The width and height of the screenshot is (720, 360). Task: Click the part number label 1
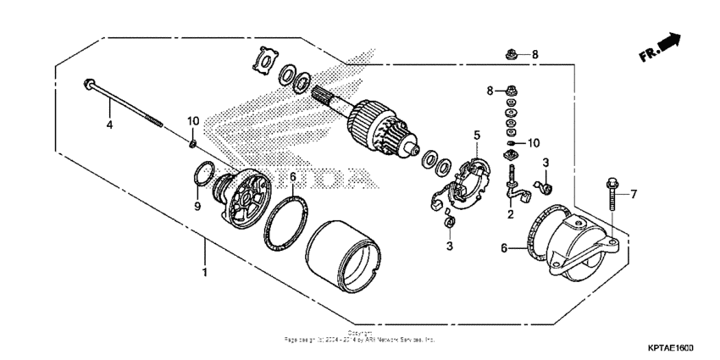[204, 274]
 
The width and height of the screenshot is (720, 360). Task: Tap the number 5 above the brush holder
[477, 135]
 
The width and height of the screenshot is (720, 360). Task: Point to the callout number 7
[634, 194]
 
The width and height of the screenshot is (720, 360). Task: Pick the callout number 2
[510, 215]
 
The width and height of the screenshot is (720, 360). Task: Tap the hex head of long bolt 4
[89, 83]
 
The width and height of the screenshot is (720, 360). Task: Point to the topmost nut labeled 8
[512, 55]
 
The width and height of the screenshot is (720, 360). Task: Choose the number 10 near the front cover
[193, 120]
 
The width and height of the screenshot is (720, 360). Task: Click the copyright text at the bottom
[359, 337]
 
